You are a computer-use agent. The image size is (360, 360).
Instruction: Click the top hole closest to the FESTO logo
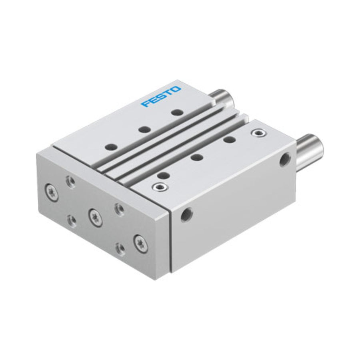[178, 112]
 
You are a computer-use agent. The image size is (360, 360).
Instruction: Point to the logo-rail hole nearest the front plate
[111, 147]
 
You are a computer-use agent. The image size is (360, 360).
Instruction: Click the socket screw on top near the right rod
[258, 132]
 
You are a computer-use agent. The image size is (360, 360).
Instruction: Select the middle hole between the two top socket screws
[197, 158]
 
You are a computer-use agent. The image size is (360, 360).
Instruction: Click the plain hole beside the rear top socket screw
[230, 139]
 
